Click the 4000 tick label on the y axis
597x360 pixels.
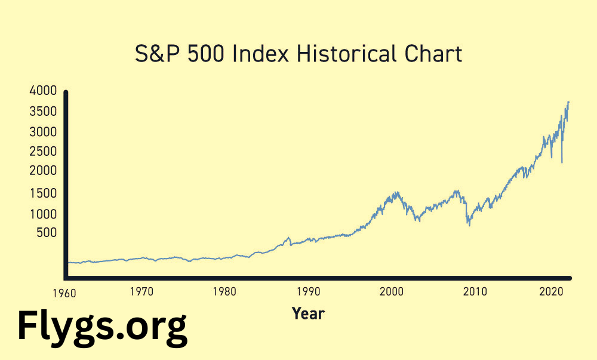pos(42,91)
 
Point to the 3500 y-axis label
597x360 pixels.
pos(42,112)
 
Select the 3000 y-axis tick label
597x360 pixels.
pos(42,131)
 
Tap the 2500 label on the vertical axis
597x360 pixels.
pos(42,152)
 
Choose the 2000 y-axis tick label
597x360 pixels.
pos(42,171)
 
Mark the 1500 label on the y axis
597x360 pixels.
pos(42,193)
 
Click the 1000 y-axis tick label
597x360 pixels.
pos(42,214)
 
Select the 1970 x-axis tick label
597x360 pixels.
pos(141,292)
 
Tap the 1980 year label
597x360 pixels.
pos(224,292)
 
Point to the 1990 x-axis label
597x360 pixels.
pos(308,292)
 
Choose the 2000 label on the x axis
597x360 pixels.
pos(392,292)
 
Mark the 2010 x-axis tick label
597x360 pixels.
pos(475,292)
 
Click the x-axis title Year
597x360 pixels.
pos(308,313)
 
